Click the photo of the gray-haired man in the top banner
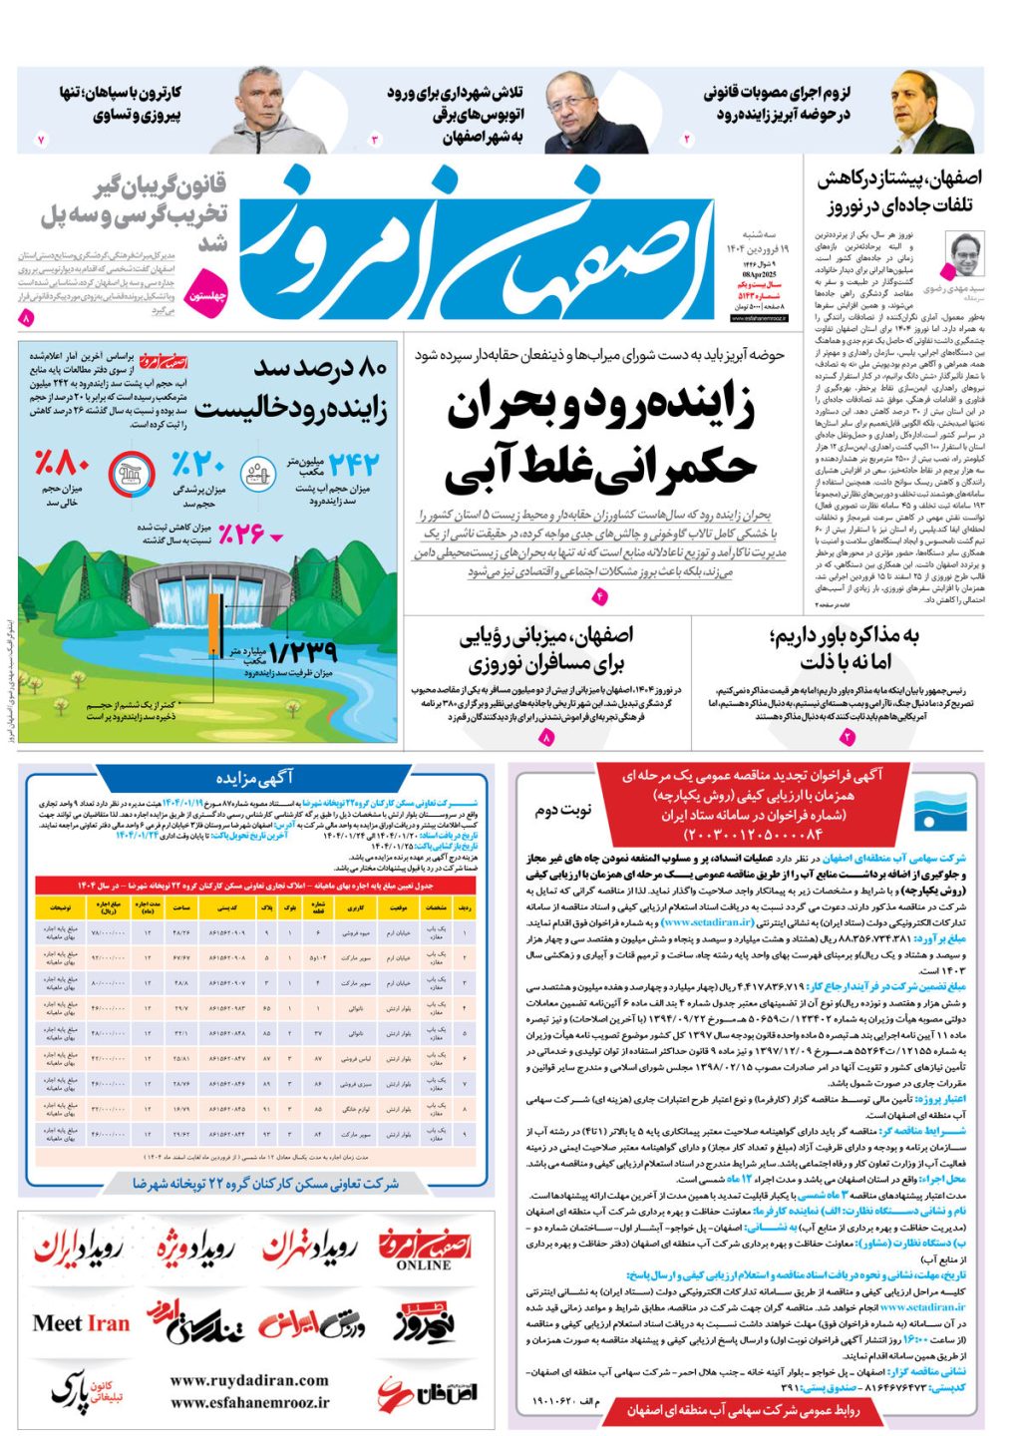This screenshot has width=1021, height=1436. [x=258, y=112]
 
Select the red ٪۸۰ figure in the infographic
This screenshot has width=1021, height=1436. [x=62, y=464]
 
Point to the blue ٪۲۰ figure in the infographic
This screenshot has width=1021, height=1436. [x=198, y=465]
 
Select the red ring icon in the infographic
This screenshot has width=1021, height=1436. [x=129, y=474]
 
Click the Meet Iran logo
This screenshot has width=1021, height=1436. [x=81, y=1323]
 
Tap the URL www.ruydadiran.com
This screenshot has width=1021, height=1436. [x=248, y=1380]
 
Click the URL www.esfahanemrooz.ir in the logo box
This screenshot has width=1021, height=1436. [x=248, y=1401]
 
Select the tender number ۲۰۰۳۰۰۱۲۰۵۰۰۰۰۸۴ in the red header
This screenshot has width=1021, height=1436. [x=753, y=834]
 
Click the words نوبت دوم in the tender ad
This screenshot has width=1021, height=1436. [x=562, y=810]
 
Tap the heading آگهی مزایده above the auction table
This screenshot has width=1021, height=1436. [x=255, y=777]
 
